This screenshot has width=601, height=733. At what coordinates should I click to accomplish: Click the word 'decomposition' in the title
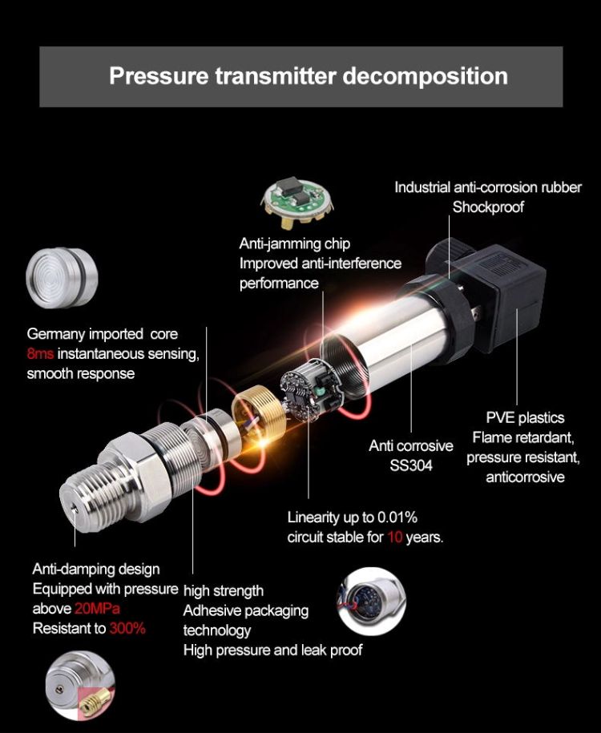425,76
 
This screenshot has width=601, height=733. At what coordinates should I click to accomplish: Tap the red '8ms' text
39,354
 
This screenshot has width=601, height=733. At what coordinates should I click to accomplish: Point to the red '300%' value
127,629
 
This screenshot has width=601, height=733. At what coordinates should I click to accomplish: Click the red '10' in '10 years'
395,538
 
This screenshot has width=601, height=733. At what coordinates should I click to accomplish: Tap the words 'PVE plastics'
525,417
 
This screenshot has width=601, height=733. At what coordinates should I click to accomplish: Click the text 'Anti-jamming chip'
295,244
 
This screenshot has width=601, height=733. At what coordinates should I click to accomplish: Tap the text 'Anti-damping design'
96,570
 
